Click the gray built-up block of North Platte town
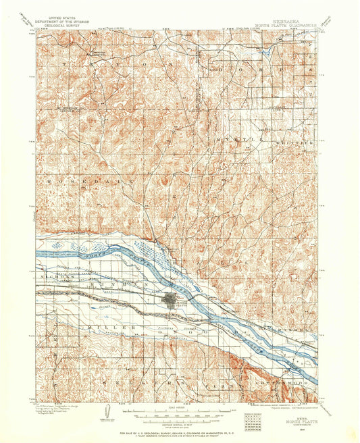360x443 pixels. (x=170, y=299)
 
